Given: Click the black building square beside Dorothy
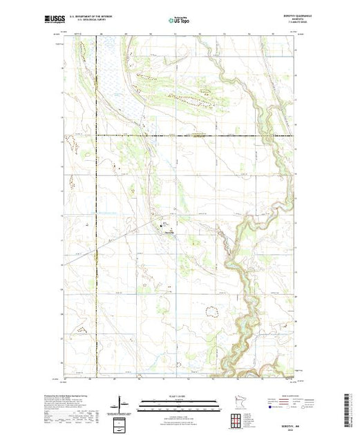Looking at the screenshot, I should click(x=164, y=224).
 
